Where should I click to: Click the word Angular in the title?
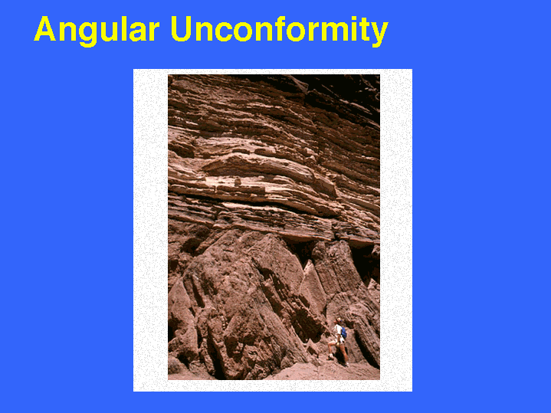tap(97, 30)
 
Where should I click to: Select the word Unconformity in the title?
tap(280, 30)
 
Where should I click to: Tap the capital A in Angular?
tap(45, 28)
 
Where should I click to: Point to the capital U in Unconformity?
tap(181, 29)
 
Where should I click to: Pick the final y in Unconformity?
tap(379, 34)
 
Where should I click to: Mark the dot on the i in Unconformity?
tap(354, 18)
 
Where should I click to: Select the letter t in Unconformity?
tap(364, 30)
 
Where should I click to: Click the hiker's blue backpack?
tap(343, 332)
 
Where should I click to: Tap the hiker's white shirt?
tap(338, 331)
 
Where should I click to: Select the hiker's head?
tap(339, 320)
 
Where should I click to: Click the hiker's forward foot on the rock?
tap(330, 358)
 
